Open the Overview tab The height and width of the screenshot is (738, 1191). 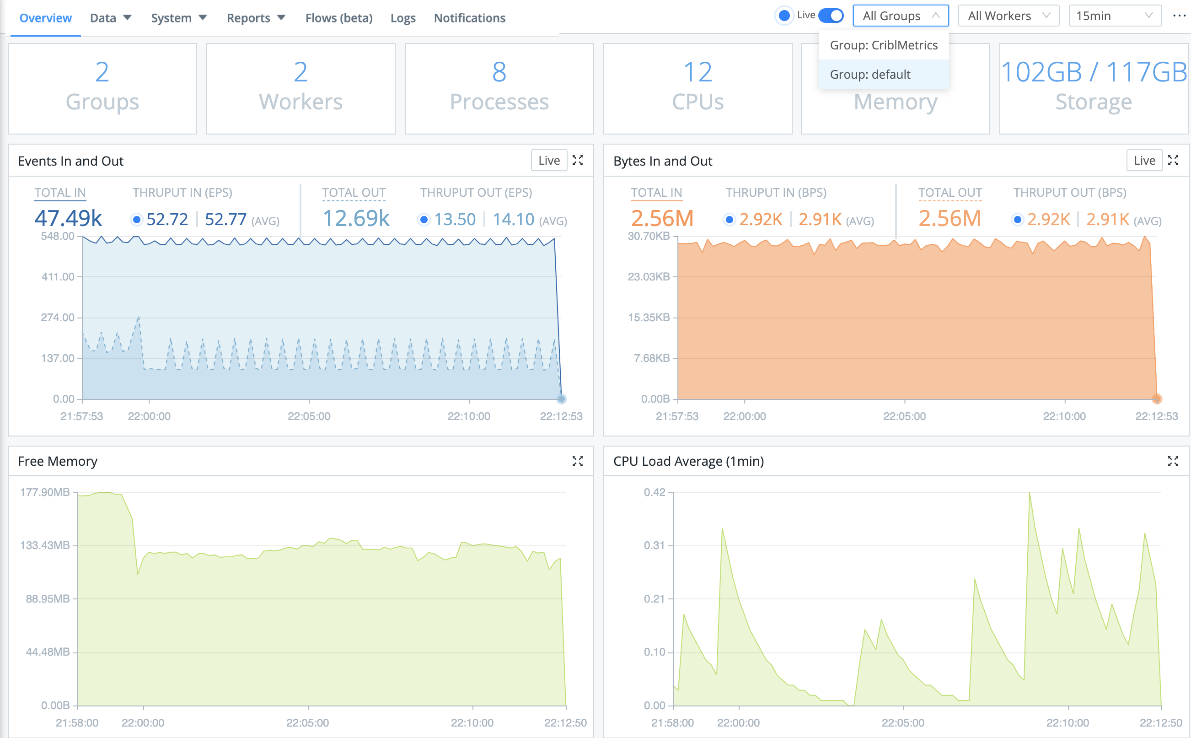coord(45,18)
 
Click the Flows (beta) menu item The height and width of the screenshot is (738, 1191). coord(338,18)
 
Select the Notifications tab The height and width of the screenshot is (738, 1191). coord(469,18)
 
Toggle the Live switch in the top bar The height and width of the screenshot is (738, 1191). coord(831,16)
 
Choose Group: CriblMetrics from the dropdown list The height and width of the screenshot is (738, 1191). coord(883,45)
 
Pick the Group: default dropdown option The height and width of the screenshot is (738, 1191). coord(870,75)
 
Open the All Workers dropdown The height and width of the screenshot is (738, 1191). coord(1008,16)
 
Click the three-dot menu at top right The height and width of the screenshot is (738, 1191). coord(1179,16)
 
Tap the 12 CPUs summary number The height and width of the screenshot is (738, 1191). coord(697,72)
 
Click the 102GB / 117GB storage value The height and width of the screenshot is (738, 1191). coord(1094,72)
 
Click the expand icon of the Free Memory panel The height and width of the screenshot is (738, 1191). coord(577,461)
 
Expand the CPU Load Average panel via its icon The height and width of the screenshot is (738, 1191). coord(1172,461)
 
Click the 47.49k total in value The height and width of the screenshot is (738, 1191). coord(68,218)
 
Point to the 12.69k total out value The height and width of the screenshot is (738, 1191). coord(356,218)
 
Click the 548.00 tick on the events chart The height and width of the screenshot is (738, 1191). coord(58,236)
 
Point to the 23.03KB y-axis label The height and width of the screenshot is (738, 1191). coord(648,277)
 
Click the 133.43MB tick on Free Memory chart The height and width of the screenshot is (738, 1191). coord(45,545)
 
